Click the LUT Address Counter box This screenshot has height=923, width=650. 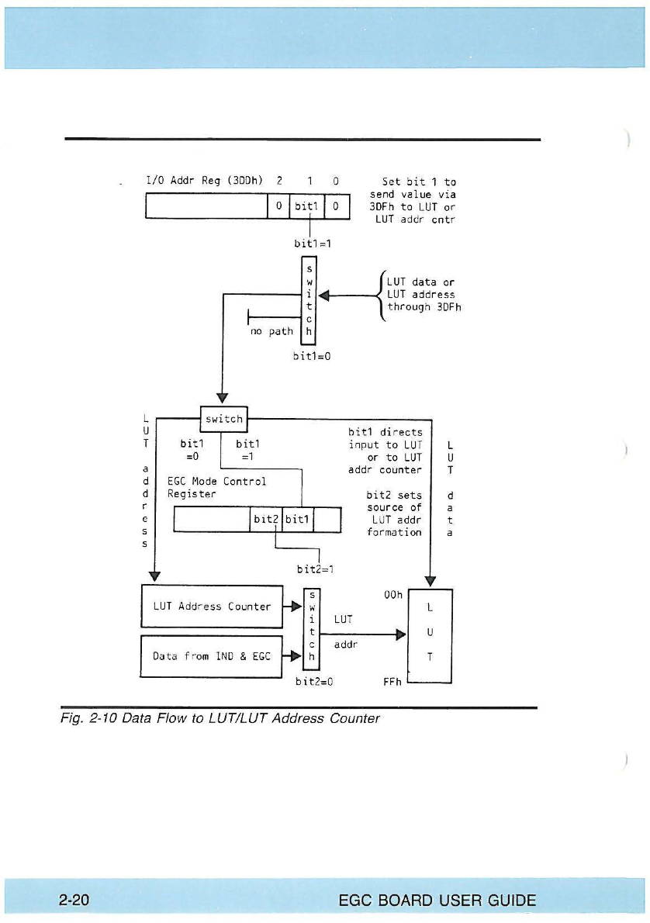click(x=211, y=607)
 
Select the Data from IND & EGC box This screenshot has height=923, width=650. click(x=211, y=656)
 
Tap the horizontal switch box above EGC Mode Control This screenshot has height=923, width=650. click(x=223, y=419)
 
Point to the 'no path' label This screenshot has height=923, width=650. click(x=271, y=331)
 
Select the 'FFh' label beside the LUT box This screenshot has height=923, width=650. click(x=392, y=682)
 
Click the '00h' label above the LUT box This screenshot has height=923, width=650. click(x=394, y=595)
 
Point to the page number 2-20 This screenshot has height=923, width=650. click(x=74, y=901)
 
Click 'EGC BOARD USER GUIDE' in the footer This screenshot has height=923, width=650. click(x=437, y=901)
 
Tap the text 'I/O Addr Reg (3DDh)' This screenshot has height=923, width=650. click(x=205, y=181)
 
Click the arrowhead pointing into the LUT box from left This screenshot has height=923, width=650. click(x=401, y=634)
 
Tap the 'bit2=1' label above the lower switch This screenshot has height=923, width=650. click(x=315, y=569)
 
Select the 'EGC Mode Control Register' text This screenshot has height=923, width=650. click(x=216, y=487)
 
